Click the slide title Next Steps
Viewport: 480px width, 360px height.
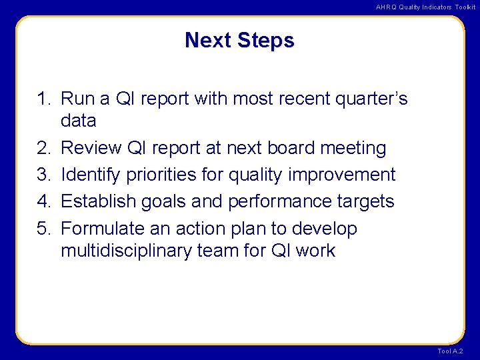pyautogui.click(x=239, y=41)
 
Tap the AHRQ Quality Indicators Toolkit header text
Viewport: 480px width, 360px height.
pyautogui.click(x=425, y=7)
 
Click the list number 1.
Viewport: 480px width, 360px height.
pyautogui.click(x=43, y=99)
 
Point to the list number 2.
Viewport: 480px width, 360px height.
pyautogui.click(x=43, y=148)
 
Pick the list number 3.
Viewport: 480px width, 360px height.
pyautogui.click(x=43, y=175)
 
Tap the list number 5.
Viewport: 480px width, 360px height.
pyautogui.click(x=43, y=229)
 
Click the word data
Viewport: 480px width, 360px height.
pyautogui.click(x=78, y=121)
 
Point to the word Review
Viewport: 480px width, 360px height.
pyautogui.click(x=93, y=148)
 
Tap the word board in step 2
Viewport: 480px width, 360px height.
pyautogui.click(x=291, y=148)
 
